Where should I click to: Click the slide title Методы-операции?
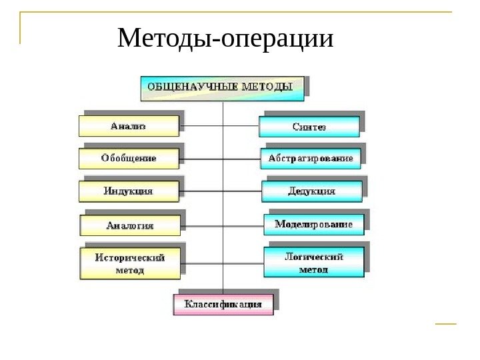coord(225,39)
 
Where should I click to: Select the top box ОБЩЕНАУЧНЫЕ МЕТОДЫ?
coord(221,87)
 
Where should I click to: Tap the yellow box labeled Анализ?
coord(129,125)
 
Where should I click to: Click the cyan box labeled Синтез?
coord(309,126)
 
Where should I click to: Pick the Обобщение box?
coord(129,159)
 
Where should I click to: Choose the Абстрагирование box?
coord(311,159)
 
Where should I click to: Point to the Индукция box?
coord(129,191)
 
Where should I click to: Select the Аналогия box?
coord(130,225)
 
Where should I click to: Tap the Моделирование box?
coord(314,225)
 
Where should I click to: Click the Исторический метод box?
coord(130,263)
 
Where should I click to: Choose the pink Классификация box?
coord(223,305)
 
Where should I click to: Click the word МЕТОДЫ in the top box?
coord(275,87)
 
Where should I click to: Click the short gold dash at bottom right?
coord(445,325)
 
